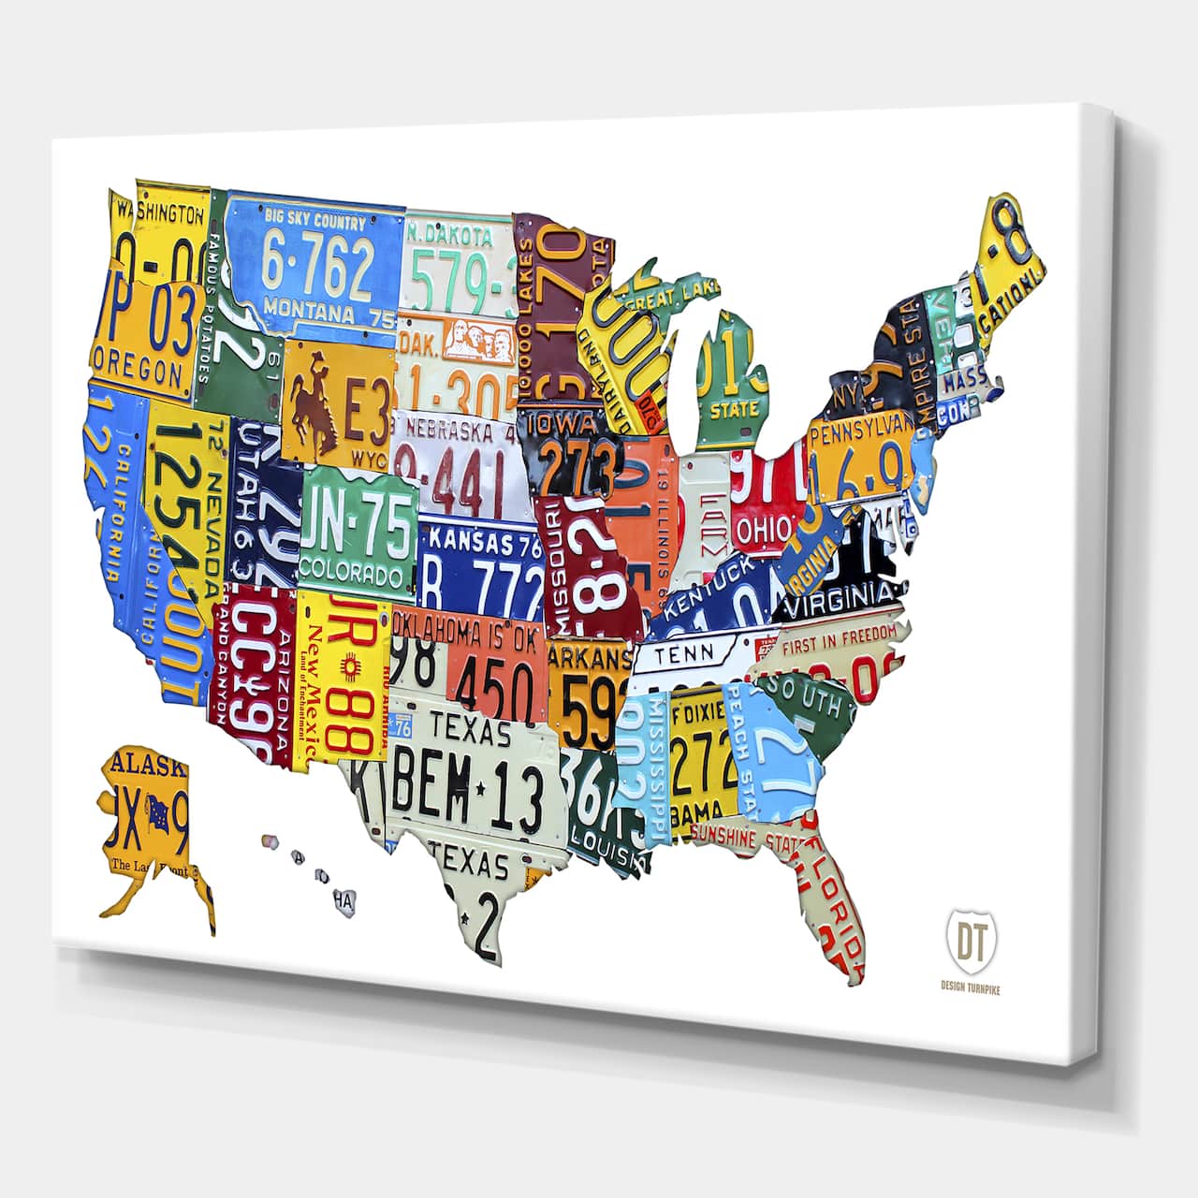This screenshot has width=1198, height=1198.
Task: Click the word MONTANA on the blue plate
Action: (x=308, y=309)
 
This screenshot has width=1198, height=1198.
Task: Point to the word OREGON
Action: (x=139, y=368)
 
